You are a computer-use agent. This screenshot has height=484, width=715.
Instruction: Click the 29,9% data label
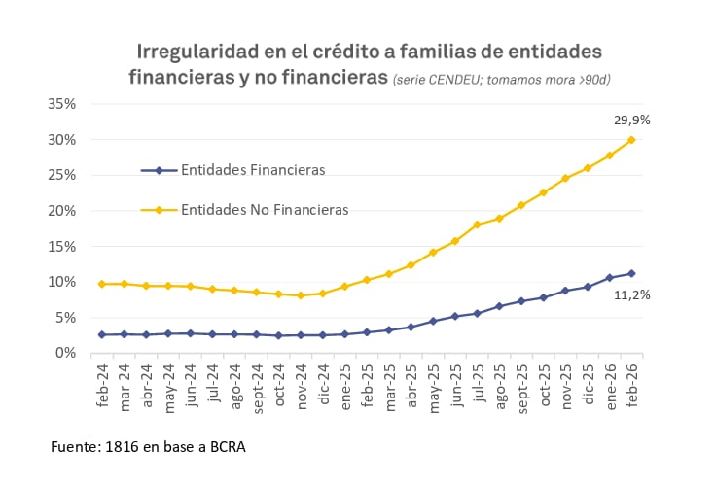point(631,120)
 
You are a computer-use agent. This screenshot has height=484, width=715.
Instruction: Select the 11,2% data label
point(631,294)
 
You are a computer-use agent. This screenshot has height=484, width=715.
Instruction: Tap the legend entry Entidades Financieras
point(252,170)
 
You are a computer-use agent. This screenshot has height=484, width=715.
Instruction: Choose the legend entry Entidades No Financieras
point(264,209)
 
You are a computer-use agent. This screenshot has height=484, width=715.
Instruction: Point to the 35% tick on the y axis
point(60,104)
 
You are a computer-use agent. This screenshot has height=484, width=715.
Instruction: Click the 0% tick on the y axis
point(64,353)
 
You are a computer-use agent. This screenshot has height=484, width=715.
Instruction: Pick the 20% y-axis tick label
point(60,211)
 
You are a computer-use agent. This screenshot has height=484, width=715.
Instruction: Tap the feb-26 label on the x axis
point(632,387)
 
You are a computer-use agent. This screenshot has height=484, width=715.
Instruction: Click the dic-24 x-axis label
point(324,387)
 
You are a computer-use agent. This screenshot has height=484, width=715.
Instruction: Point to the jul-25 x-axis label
point(478,387)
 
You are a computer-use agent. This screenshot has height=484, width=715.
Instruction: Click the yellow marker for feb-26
point(631,140)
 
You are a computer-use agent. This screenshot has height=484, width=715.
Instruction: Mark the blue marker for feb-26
point(631,273)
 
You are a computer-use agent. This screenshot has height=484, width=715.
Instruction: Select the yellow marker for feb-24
point(102,284)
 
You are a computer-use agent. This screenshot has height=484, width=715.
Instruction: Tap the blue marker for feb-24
point(102,334)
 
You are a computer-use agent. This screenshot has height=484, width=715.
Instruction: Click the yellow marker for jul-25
point(477,225)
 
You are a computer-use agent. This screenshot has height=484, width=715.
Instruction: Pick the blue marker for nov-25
point(565,291)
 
